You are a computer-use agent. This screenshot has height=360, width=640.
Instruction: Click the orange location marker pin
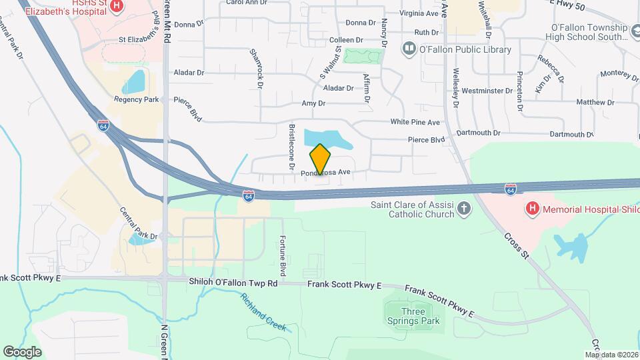coord(320,159)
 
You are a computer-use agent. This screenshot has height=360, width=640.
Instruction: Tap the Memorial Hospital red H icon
coord(532,209)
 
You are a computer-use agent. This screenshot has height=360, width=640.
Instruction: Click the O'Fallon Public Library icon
coord(408,49)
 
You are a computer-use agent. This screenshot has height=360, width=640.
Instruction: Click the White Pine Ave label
coord(415,122)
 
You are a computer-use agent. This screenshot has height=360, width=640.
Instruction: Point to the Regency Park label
coord(137,99)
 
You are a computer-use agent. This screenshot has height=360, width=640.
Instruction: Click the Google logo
coord(22,351)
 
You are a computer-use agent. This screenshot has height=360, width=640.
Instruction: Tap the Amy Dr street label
coord(313,103)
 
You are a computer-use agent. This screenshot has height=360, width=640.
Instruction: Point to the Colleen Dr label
coord(345,40)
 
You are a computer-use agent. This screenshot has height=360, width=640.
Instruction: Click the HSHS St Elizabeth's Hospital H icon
coord(117,6)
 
